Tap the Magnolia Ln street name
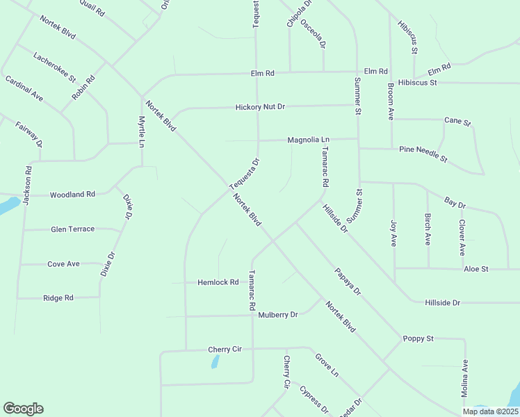coord(309,140)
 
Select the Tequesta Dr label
coord(245,174)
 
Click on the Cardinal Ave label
coord(24,88)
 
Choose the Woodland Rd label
coord(72,195)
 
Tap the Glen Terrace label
coord(73,229)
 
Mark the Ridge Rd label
coord(58,297)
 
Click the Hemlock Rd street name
coord(218,282)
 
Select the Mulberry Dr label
coord(277,315)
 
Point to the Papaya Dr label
coord(348,281)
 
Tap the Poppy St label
coord(418,338)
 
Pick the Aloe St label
coord(476,268)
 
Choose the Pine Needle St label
coord(423,154)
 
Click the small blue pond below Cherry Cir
coord(216,361)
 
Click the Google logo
coord(23,409)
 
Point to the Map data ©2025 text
coord(490,411)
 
